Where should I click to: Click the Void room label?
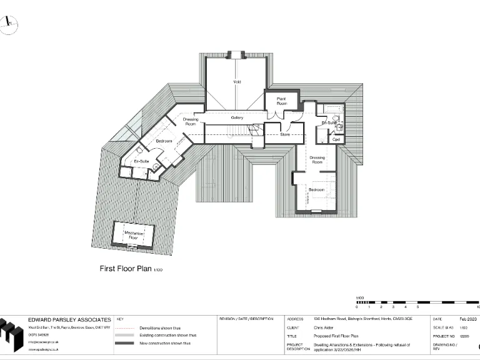tap(237, 82)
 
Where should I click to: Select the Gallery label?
tap(237, 117)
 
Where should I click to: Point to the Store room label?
tap(285, 134)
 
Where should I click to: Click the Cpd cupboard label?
tap(336, 139)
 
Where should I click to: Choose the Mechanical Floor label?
tap(134, 235)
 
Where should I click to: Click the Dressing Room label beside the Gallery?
tap(191, 121)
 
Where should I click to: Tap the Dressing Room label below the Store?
tap(317, 160)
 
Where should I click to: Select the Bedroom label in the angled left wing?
tap(164, 141)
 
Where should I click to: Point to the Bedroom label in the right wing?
tap(316, 189)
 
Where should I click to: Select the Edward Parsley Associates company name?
tap(69, 319)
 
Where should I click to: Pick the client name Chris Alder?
tap(324, 327)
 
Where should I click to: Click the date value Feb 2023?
tap(467, 319)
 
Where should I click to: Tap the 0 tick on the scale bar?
tap(357, 307)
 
